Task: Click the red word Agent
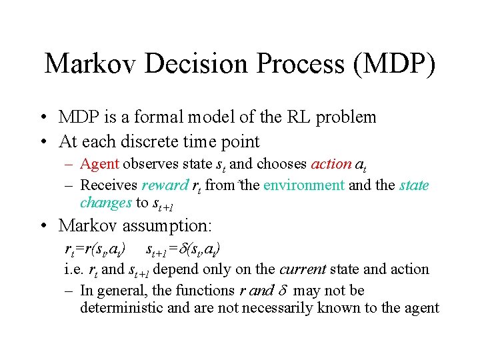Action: (99, 164)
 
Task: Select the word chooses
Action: (281, 164)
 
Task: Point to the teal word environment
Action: (303, 185)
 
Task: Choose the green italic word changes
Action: (106, 202)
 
